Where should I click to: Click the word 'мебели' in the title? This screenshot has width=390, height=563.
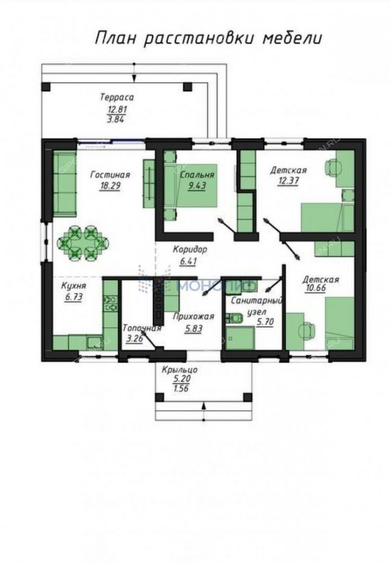291,38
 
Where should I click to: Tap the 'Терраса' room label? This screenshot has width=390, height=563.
117,97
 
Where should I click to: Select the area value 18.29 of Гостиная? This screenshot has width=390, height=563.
110,186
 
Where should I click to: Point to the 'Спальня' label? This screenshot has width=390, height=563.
197,175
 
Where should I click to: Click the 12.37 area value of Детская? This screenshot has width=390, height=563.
288,180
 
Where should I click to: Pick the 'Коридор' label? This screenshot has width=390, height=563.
190,249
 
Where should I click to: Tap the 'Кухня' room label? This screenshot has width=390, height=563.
74,286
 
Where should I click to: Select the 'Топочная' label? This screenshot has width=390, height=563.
141,328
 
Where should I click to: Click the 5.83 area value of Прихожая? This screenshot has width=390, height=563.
193,328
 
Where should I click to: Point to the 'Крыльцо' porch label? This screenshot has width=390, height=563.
180,370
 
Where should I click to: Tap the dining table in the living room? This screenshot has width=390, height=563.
82,243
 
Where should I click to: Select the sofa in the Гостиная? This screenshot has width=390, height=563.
65,184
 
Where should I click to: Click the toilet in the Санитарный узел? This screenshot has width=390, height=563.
235,318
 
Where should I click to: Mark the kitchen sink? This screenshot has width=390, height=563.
95,342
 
